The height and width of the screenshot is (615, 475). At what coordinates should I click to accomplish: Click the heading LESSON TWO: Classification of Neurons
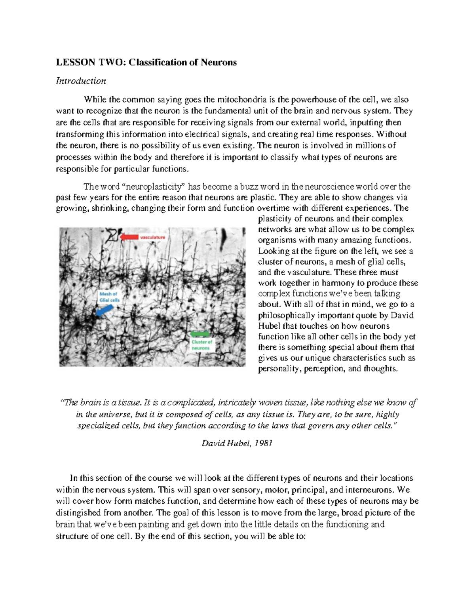pos(146,62)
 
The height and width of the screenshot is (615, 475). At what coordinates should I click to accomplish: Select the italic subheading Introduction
pos(81,81)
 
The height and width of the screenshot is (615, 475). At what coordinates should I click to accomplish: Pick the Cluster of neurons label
pos(201,345)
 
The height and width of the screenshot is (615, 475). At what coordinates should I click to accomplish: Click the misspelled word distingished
pos(79,512)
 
